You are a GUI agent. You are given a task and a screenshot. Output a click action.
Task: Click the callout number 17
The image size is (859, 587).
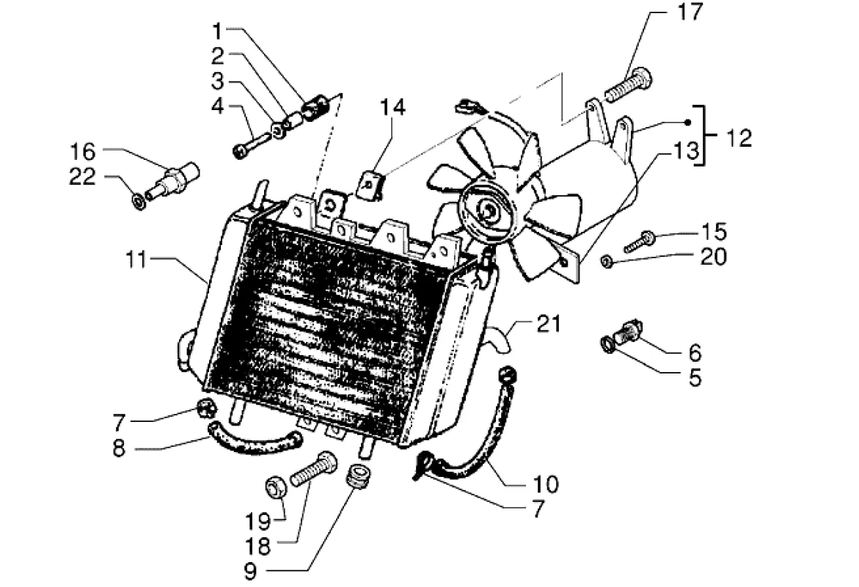(x=689, y=12)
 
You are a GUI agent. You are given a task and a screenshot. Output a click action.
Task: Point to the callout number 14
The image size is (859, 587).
(x=392, y=107)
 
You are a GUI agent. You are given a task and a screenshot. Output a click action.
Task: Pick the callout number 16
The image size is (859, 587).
(x=83, y=151)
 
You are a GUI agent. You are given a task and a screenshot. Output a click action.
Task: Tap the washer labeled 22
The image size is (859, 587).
(x=139, y=200)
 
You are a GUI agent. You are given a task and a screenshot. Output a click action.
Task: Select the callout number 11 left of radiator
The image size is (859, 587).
(x=137, y=260)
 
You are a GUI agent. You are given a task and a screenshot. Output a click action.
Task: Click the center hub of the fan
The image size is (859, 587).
(x=486, y=209)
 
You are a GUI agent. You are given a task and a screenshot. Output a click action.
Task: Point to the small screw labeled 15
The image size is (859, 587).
(x=640, y=241)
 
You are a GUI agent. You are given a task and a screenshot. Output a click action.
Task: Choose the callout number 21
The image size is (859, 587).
(x=549, y=324)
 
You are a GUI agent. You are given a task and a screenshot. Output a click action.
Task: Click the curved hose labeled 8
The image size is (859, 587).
(x=254, y=442)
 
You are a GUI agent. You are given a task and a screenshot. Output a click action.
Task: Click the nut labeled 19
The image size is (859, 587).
(x=275, y=487)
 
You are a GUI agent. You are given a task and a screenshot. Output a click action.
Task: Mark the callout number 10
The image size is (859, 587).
(x=545, y=484)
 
